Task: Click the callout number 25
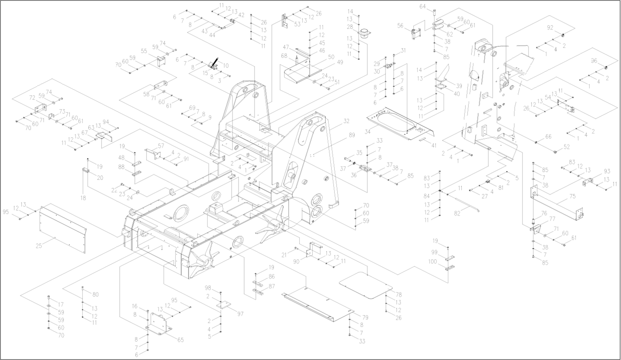pos(39,246)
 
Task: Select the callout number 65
pos(180,340)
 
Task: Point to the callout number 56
pos(400,25)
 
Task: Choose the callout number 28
pos(350,27)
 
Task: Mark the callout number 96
pos(594,61)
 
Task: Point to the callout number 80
pos(95,295)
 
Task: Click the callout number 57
pos(161,145)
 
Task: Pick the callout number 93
pos(607,171)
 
